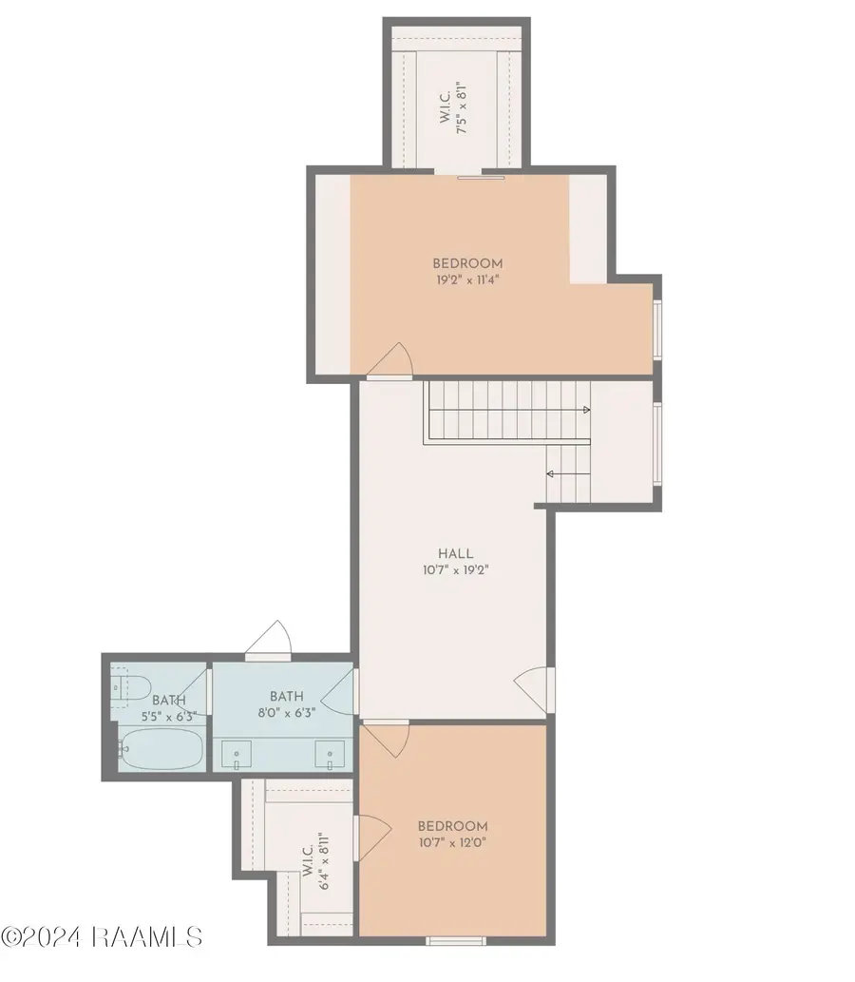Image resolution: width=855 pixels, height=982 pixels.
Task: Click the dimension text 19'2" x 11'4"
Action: pyautogui.click(x=467, y=280)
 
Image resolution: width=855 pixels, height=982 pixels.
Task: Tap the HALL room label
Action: pyautogui.click(x=455, y=553)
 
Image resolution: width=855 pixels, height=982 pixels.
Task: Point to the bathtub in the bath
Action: pyautogui.click(x=159, y=749)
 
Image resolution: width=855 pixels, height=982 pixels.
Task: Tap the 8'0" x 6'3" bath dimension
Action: pyautogui.click(x=285, y=712)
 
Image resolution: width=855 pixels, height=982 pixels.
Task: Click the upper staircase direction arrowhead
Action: pyautogui.click(x=585, y=410)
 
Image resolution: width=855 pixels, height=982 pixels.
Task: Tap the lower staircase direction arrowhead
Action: pyautogui.click(x=550, y=472)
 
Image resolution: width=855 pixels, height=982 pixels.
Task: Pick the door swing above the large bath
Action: pyautogui.click(x=271, y=639)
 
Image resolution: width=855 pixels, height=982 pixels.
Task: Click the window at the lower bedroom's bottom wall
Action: pyautogui.click(x=455, y=940)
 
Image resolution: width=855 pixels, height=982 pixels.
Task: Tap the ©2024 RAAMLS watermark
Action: pyautogui.click(x=102, y=936)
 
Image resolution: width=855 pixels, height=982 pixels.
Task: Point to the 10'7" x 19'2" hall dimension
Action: pyautogui.click(x=455, y=570)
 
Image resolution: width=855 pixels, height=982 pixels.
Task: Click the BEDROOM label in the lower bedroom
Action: pyautogui.click(x=452, y=825)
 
